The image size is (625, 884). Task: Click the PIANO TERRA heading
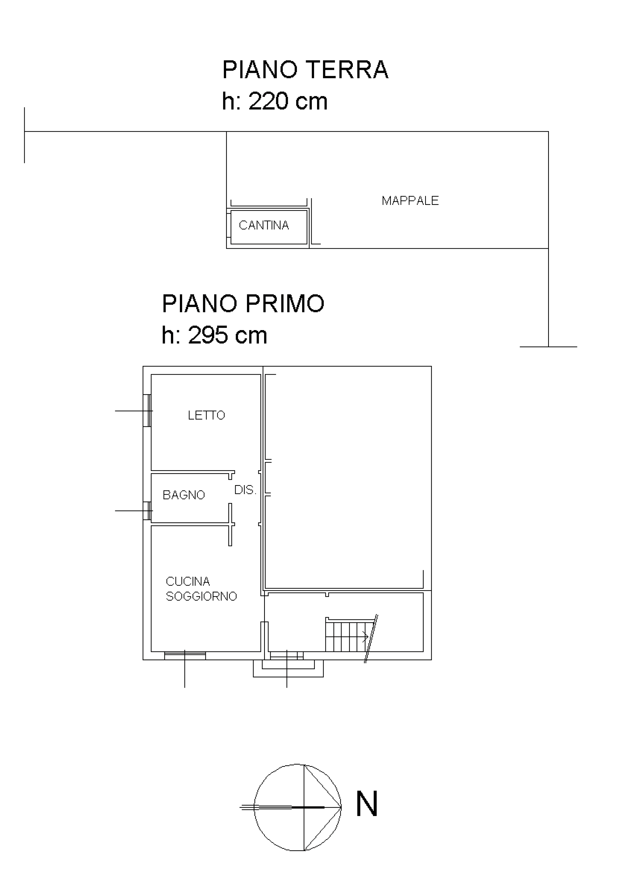tap(305, 70)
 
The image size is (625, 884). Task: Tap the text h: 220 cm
tap(274, 101)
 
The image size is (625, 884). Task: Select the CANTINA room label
tap(264, 225)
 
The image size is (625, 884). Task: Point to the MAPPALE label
tap(410, 201)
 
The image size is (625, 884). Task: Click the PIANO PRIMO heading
tap(243, 303)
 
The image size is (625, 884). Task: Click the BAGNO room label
tap(184, 495)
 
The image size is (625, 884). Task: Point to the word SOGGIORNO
tap(201, 596)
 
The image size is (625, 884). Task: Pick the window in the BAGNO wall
tap(147, 511)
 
